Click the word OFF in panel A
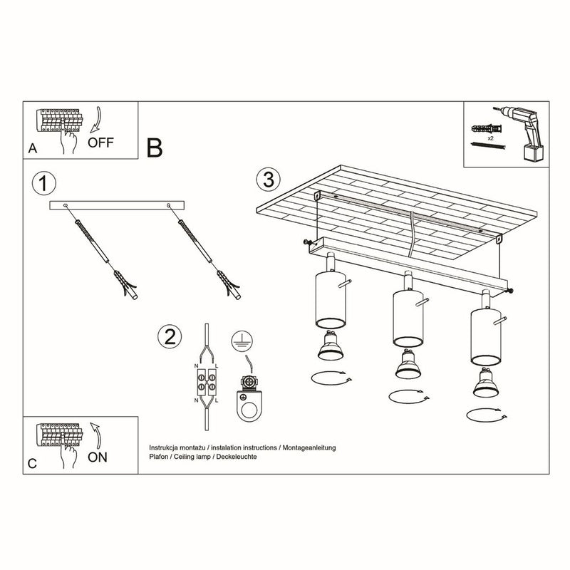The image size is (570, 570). pos(101,142)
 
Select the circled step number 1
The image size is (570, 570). pos(44,183)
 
